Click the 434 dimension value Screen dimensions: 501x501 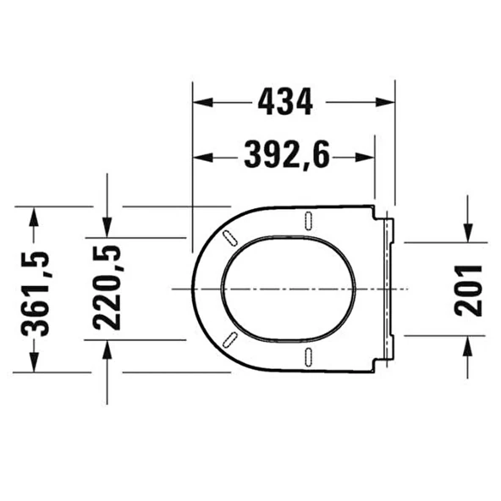[284, 102]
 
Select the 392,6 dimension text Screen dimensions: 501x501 [287, 156]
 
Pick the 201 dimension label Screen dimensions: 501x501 [468, 289]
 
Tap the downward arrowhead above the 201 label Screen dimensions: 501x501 [468, 234]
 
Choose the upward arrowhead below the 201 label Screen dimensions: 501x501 [468, 344]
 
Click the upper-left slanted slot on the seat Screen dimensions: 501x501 [228, 239]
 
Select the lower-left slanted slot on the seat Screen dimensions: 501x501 [228, 340]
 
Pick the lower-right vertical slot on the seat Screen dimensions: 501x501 [307, 356]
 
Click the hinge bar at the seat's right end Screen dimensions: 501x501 [389, 289]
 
